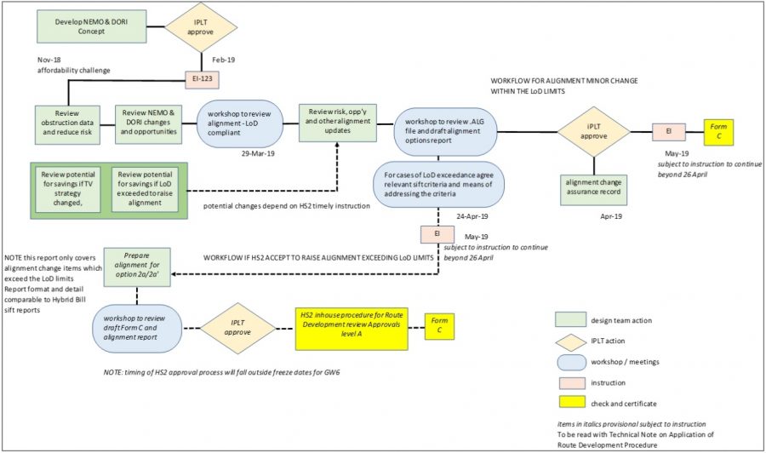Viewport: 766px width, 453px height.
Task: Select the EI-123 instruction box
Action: point(208,80)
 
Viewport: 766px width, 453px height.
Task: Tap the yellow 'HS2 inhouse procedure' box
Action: point(352,324)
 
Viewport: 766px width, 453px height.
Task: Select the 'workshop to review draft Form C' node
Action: point(140,324)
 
